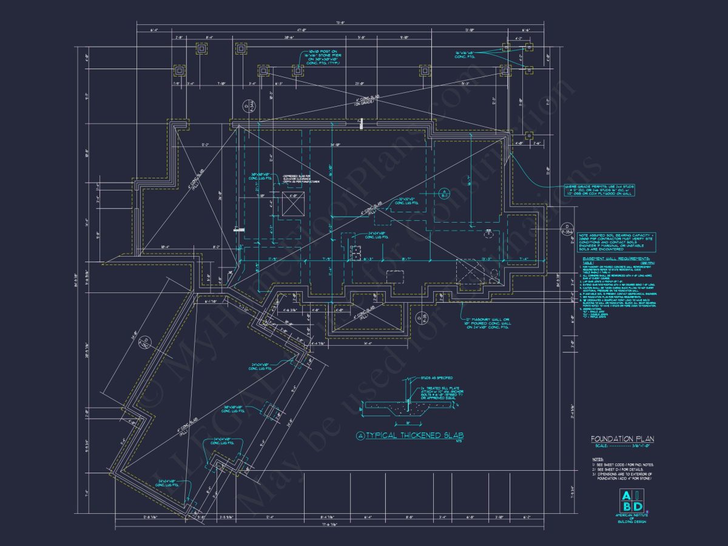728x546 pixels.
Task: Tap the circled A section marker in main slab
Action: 443,193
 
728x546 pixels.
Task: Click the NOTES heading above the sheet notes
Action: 598,459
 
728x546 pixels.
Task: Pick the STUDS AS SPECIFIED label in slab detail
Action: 433,377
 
